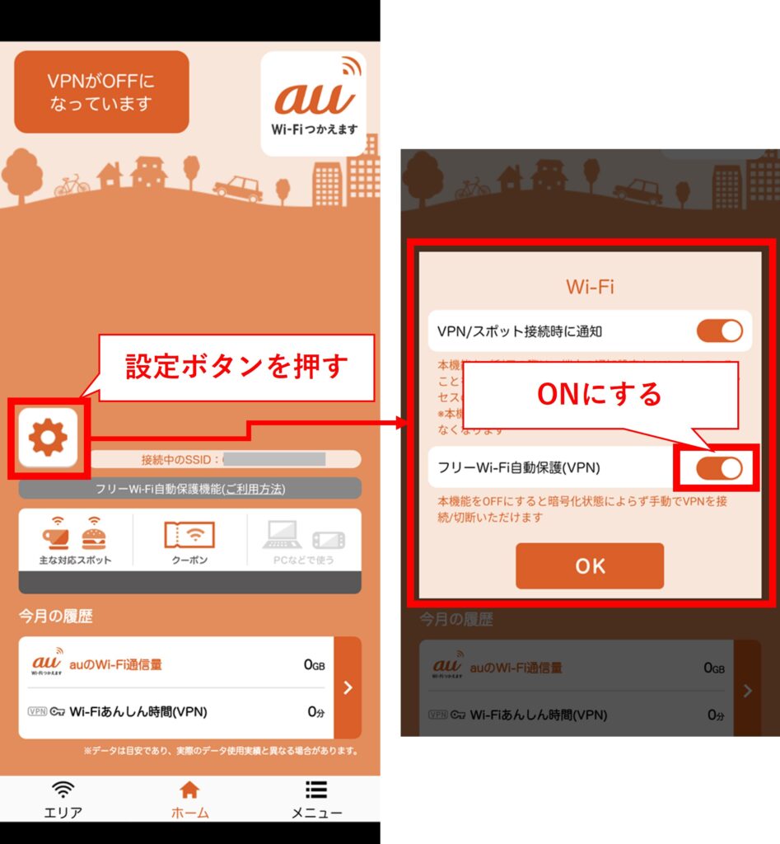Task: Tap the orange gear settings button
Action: point(48,438)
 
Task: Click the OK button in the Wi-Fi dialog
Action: point(590,566)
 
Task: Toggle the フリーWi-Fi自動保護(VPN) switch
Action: point(719,468)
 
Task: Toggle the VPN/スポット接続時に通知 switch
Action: point(719,331)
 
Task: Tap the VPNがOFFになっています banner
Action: point(101,92)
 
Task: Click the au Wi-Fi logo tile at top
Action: point(313,104)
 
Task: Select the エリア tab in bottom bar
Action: point(63,799)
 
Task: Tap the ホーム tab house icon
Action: point(189,790)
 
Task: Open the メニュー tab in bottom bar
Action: point(316,799)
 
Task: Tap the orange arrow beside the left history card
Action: point(348,687)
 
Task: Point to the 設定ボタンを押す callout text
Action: point(236,367)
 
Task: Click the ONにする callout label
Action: point(599,394)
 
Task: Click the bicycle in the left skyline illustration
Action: point(72,185)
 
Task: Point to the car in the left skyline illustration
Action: point(238,188)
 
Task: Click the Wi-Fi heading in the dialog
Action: point(590,287)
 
